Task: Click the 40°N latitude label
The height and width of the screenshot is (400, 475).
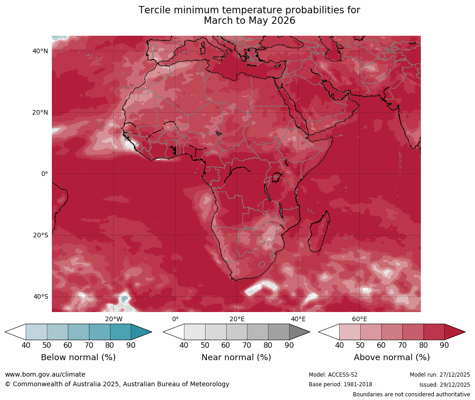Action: click(40, 51)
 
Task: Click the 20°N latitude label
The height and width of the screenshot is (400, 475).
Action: click(40, 113)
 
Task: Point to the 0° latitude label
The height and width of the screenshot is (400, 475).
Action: click(44, 174)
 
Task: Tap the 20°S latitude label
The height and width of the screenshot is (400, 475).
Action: click(40, 236)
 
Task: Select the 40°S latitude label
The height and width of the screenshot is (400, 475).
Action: click(40, 297)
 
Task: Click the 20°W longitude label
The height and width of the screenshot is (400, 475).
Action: click(114, 319)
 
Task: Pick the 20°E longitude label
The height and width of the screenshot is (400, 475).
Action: click(237, 319)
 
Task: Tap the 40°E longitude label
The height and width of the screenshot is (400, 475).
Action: click(298, 319)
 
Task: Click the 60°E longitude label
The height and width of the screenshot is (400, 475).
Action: click(359, 319)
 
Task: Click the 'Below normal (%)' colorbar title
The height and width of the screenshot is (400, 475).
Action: click(78, 357)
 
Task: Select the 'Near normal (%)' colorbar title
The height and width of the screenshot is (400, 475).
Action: click(236, 357)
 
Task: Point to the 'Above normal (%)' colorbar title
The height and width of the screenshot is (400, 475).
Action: click(391, 357)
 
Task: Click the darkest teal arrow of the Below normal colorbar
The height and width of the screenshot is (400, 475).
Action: click(140, 332)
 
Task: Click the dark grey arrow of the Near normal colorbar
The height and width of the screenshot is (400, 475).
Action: click(298, 332)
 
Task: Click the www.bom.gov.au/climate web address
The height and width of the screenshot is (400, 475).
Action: click(45, 375)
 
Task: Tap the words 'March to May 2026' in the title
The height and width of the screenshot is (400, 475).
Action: click(249, 21)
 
